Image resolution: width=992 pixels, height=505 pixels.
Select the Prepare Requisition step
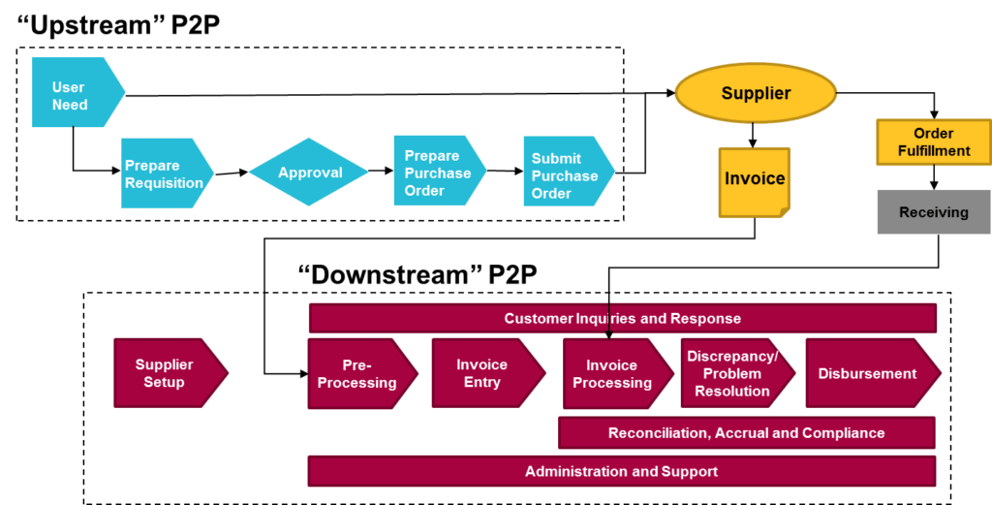(165, 174)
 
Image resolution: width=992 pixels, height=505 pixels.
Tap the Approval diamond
(310, 173)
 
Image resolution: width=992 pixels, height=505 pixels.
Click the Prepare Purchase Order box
(438, 173)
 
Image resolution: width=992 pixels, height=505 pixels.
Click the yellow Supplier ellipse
(756, 94)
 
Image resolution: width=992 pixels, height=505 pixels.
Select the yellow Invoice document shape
(755, 180)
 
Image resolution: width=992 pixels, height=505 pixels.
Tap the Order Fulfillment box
(933, 142)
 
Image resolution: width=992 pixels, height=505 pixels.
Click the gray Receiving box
(933, 212)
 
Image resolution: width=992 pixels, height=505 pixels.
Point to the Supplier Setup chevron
(167, 373)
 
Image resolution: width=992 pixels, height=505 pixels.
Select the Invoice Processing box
(614, 374)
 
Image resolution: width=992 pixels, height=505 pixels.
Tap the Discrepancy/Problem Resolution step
(734, 373)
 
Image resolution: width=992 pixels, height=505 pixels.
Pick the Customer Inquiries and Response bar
(622, 318)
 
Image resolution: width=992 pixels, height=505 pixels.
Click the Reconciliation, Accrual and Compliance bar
(746, 433)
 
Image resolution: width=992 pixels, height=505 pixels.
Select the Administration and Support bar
(622, 471)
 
